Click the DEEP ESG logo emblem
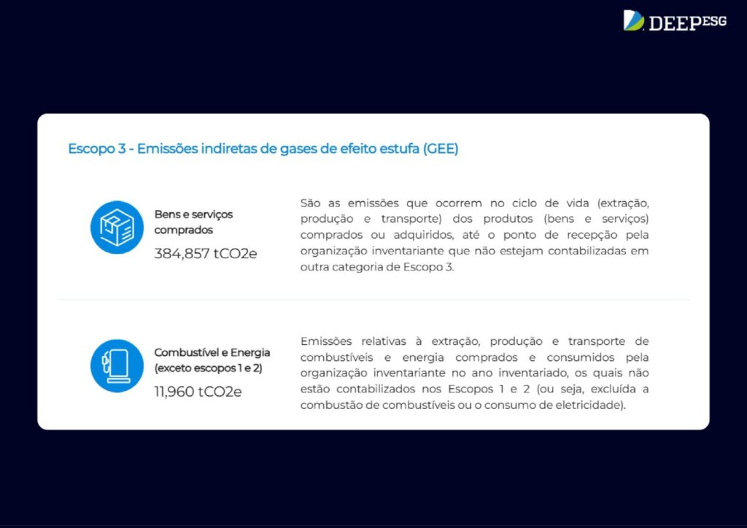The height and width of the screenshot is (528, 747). coord(634,20)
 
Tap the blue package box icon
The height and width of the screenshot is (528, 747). coord(117,227)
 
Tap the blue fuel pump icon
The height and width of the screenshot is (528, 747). coord(117,365)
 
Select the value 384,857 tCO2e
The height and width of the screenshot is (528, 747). coord(205,253)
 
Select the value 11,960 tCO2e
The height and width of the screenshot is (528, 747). coord(198,392)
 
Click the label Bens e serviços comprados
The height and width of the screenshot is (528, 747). coord(193,222)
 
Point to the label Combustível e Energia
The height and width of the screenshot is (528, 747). coord(212,352)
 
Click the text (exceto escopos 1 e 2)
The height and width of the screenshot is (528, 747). coord(208,368)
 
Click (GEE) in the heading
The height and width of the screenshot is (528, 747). coord(440,149)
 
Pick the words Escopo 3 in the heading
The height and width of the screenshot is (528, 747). coord(97,149)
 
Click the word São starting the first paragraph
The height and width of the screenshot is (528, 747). coord(310,203)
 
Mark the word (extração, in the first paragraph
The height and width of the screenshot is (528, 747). coord(623,203)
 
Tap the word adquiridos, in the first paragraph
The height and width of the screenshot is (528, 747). coord(423,236)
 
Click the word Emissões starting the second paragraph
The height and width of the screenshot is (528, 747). coord(326,341)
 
